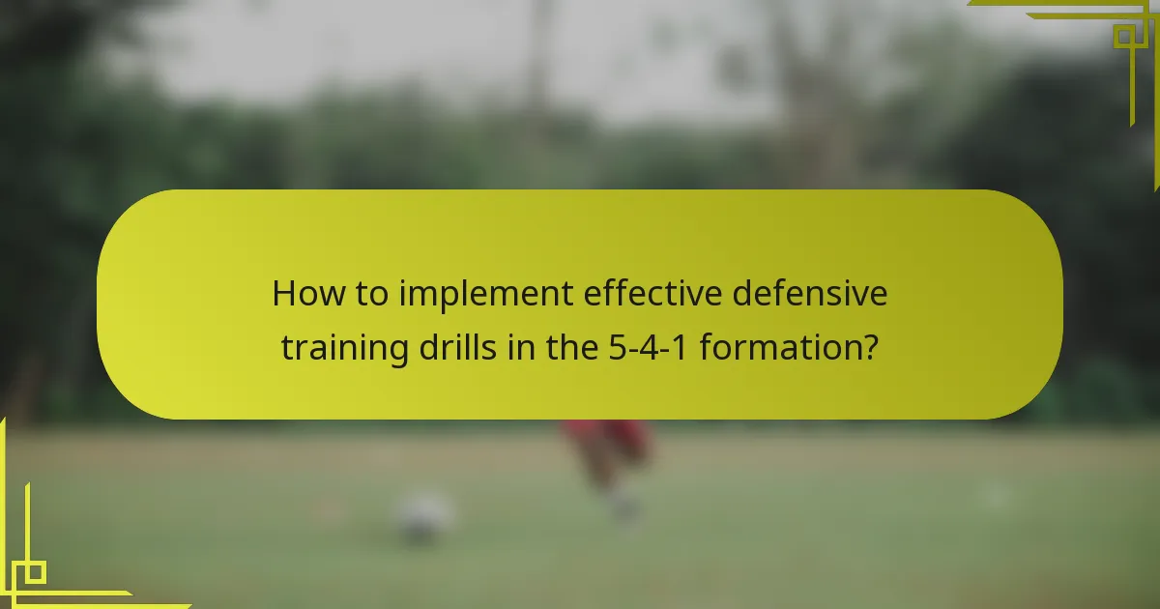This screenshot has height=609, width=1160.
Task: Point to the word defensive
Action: click(x=809, y=293)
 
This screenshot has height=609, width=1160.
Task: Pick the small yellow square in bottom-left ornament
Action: click(x=34, y=572)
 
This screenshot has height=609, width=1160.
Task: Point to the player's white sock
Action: click(x=623, y=503)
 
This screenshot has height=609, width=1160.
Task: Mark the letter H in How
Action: click(x=284, y=293)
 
